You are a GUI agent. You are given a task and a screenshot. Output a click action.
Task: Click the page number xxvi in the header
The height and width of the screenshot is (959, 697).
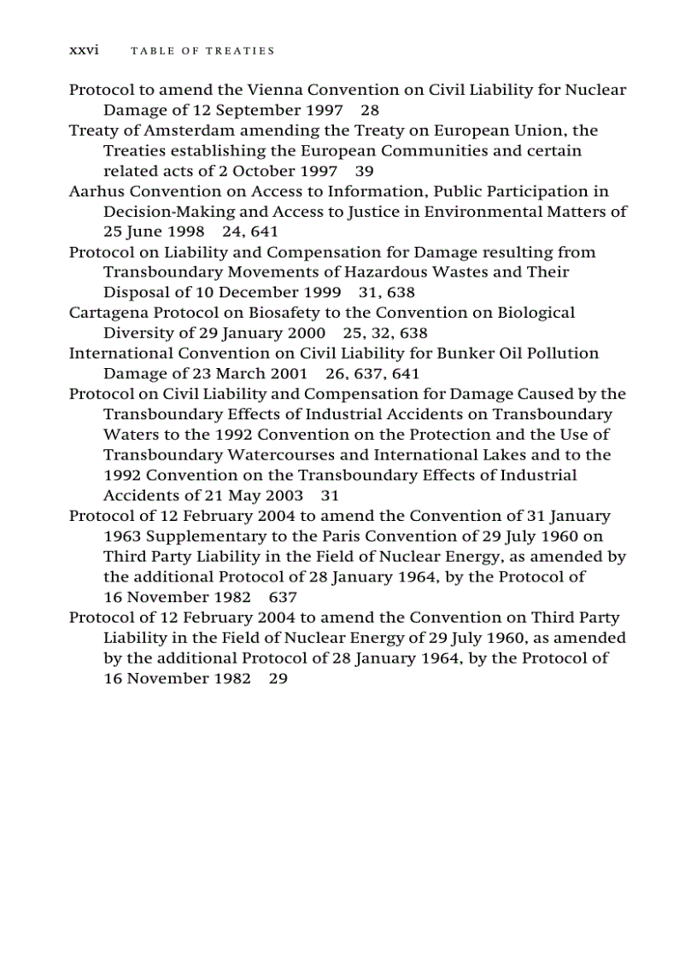coord(84,50)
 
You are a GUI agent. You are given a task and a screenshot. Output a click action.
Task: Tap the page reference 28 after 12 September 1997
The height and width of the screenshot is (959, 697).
coord(370,110)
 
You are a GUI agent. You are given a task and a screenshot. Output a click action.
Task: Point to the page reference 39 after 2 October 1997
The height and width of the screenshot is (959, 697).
coord(364,171)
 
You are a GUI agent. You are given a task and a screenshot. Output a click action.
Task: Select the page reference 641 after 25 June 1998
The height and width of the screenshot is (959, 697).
coord(265,232)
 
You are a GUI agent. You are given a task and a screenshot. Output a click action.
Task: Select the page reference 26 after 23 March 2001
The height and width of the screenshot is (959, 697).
coord(335,374)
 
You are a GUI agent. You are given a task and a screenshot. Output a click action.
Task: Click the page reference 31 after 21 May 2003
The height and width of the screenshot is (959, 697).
coord(331,496)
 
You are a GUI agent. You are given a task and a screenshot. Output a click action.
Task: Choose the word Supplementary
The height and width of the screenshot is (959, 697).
coord(197,536)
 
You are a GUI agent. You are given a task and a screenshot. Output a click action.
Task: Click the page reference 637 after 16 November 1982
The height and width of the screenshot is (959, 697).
coord(283,598)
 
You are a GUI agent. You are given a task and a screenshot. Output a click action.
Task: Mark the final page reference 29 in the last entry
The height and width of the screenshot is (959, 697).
coord(278,679)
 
